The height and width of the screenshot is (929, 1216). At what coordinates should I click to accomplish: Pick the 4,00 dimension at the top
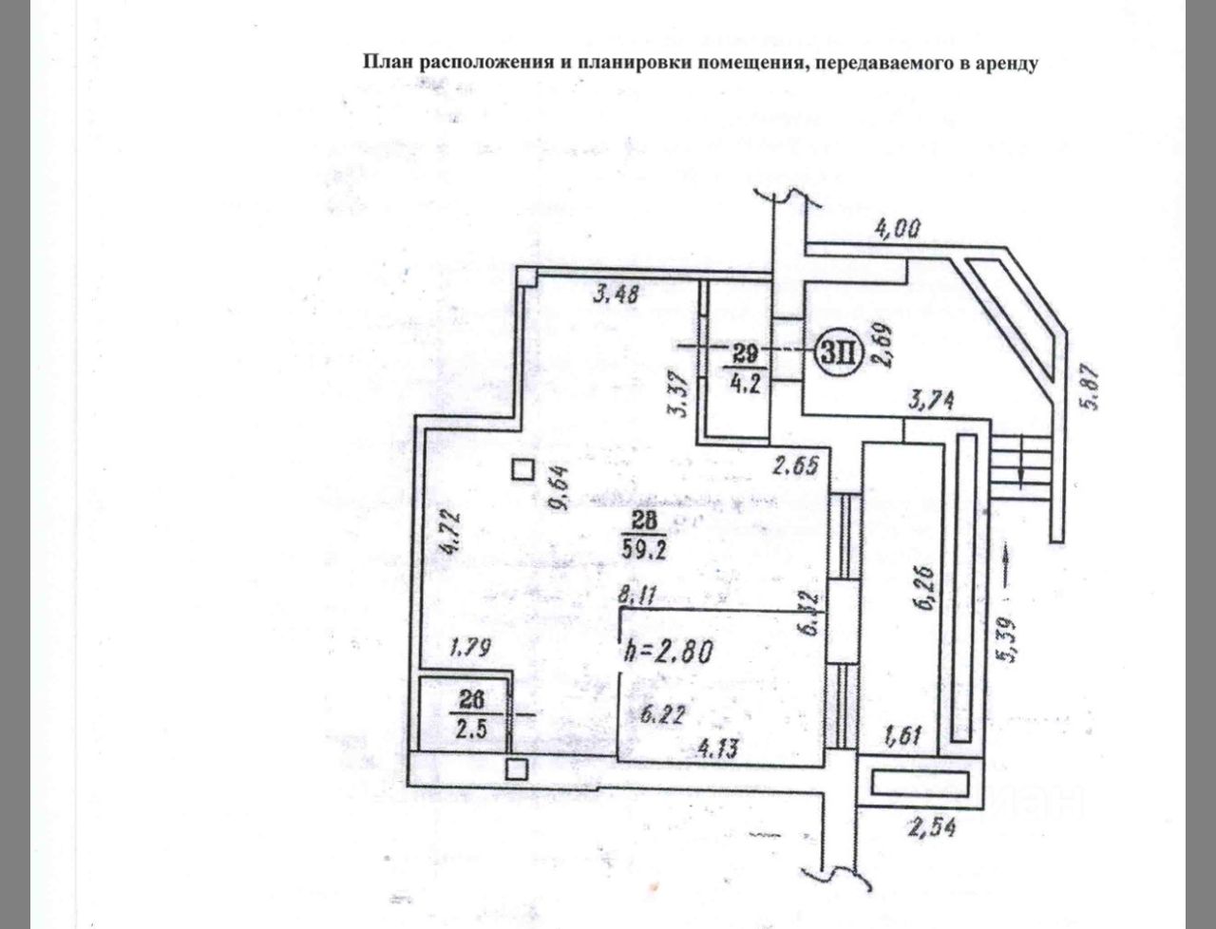897,229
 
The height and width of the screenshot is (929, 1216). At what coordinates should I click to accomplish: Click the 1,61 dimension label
904,734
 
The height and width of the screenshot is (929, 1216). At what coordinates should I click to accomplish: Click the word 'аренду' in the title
1004,64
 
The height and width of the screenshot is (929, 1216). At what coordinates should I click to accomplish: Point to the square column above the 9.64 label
522,469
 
